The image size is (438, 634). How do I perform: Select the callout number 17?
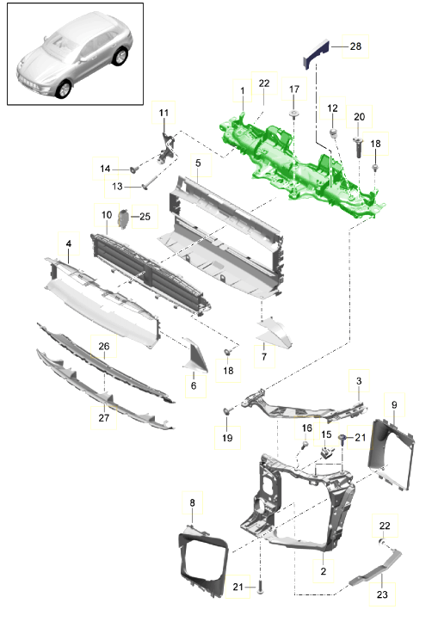tap(293, 89)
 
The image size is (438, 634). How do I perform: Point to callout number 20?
tap(360, 116)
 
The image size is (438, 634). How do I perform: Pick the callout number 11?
tap(163, 113)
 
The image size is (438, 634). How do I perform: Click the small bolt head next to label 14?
tap(134, 168)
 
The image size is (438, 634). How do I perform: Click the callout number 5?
tap(198, 162)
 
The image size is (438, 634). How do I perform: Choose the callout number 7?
tap(264, 354)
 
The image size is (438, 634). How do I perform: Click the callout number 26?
tap(104, 347)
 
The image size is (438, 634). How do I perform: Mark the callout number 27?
tap(104, 417)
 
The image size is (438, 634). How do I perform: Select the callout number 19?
tap(227, 438)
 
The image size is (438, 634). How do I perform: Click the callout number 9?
tap(393, 404)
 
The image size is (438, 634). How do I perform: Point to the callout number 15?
tap(326, 435)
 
